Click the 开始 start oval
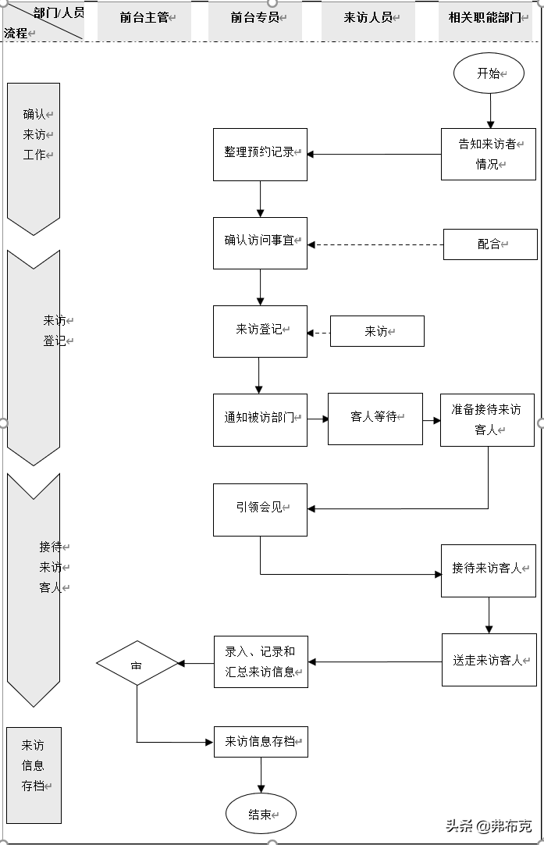[x=488, y=73]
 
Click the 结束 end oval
[x=261, y=814]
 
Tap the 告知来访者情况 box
[x=489, y=154]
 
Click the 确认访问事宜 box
[x=260, y=243]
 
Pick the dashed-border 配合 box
[x=490, y=244]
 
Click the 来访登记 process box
[x=260, y=331]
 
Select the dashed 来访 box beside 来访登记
[x=377, y=331]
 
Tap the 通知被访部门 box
[x=260, y=419]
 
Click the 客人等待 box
[x=375, y=419]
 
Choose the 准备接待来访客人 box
[x=487, y=419]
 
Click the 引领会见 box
[x=260, y=509]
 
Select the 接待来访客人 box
[x=489, y=570]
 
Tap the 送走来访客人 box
[x=489, y=660]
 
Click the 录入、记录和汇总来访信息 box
[x=261, y=661]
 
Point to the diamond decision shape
[x=137, y=664]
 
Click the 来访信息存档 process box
[x=261, y=741]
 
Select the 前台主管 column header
[x=144, y=18]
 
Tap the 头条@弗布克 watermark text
[x=487, y=826]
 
